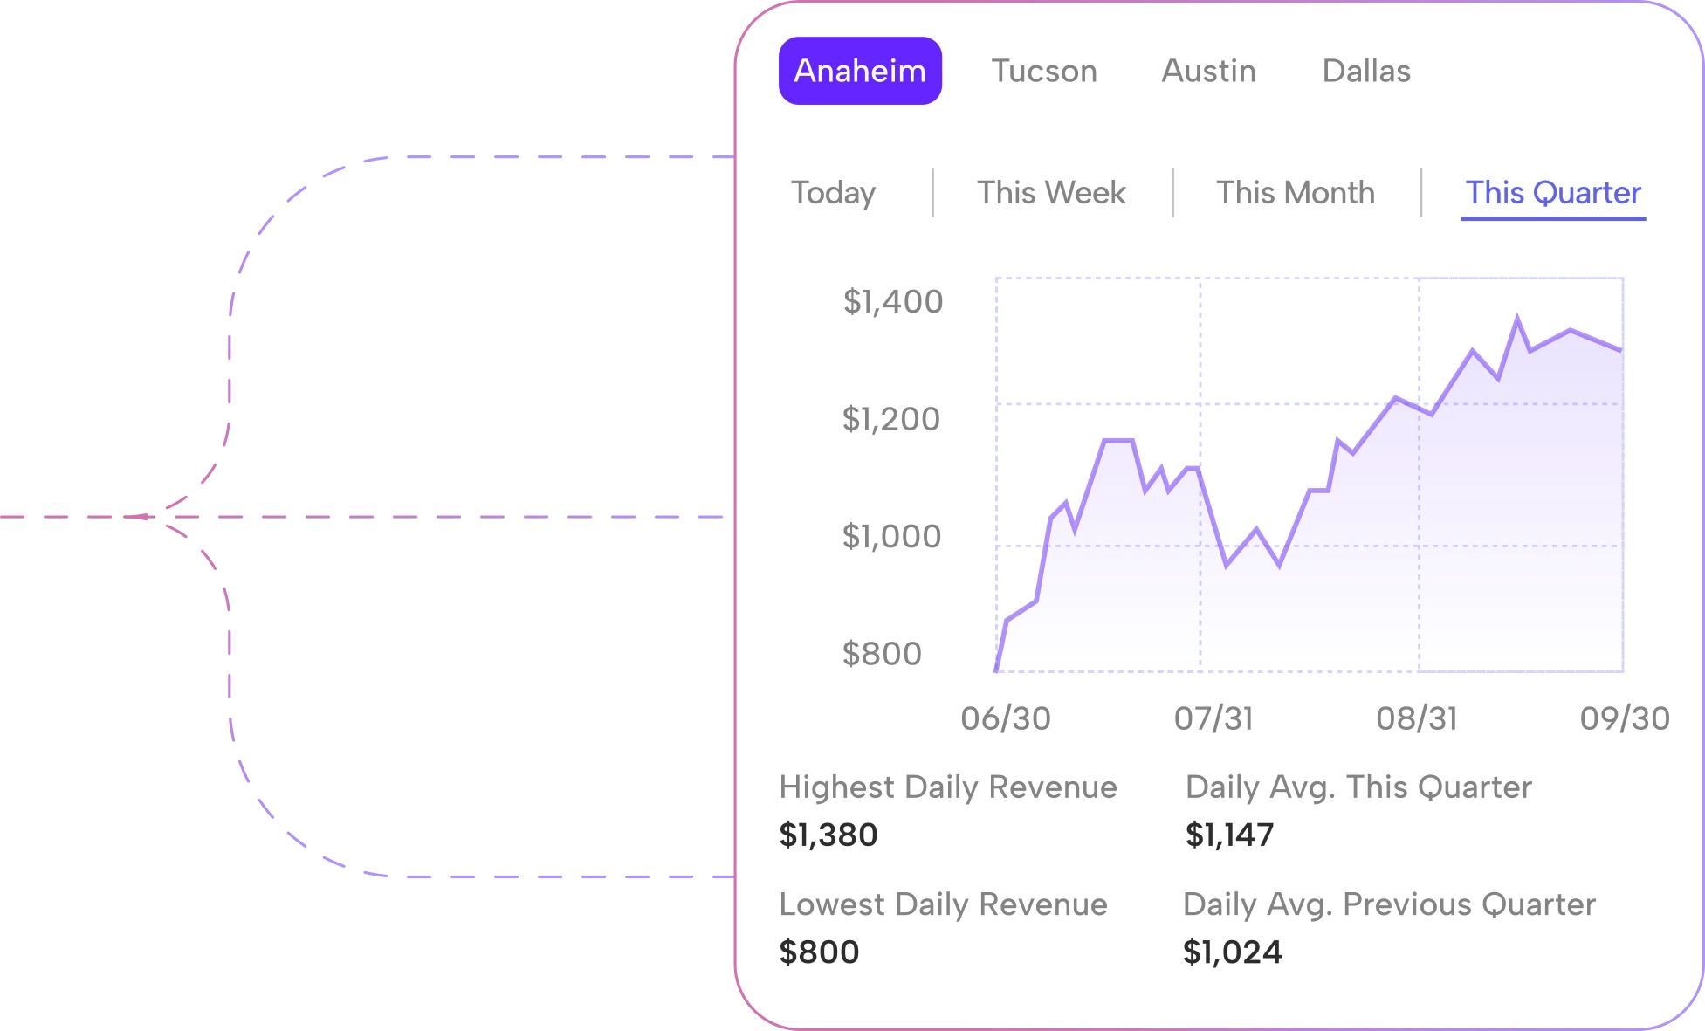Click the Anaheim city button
click(860, 71)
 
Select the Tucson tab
click(1044, 71)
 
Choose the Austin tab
click(1209, 71)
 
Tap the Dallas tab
click(1366, 71)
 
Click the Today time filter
click(833, 193)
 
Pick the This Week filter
click(1051, 193)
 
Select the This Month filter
click(1296, 193)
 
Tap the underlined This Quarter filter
click(1553, 193)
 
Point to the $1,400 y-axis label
click(892, 302)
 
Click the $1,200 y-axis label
click(890, 419)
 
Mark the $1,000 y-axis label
click(891, 536)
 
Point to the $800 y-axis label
click(882, 654)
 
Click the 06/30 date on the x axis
click(1006, 718)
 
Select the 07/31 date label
click(1213, 718)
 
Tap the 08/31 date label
click(1417, 718)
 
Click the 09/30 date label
click(1625, 718)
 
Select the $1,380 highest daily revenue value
click(828, 835)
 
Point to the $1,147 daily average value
click(1229, 835)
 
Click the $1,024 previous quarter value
click(1232, 952)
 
